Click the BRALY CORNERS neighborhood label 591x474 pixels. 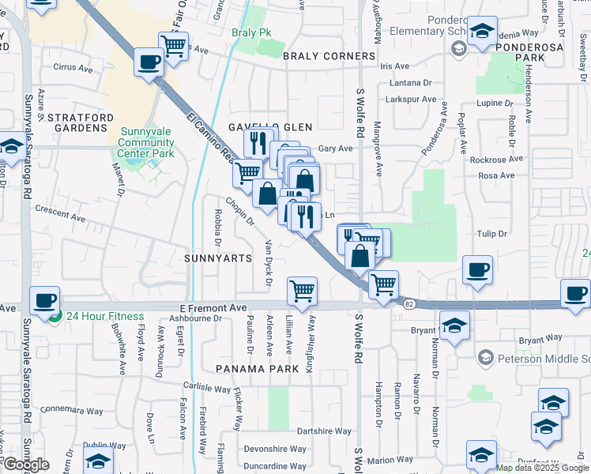[329, 56]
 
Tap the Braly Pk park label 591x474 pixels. [250, 32]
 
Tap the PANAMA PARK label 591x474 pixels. [254, 368]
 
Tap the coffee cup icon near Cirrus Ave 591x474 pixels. [149, 62]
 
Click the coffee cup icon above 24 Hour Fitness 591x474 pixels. [44, 300]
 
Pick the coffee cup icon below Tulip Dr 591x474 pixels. [477, 269]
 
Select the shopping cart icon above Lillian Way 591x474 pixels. [302, 291]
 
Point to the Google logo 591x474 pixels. [26, 465]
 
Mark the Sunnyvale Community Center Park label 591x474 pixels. [145, 142]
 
